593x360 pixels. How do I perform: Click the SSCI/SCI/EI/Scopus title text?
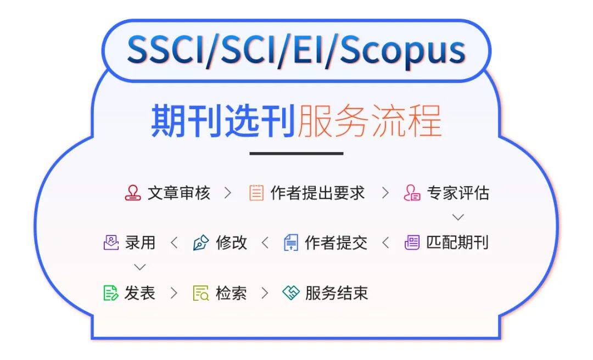[x=296, y=50]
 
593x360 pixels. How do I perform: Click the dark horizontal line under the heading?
[x=296, y=154]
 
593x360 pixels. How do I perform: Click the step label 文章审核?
[x=178, y=193]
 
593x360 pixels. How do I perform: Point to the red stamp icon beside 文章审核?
[x=133, y=193]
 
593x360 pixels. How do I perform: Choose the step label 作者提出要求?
[x=317, y=193]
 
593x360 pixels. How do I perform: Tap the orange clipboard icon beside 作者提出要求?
[x=256, y=193]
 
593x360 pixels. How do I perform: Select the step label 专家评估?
[x=458, y=193]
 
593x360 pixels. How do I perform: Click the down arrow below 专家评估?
[x=458, y=217]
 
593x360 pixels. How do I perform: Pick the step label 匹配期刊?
[x=457, y=243]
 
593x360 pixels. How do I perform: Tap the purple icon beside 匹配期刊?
[x=412, y=243]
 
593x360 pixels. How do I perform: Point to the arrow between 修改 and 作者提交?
[x=265, y=243]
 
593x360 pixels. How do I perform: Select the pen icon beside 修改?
[x=201, y=243]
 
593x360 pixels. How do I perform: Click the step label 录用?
[x=140, y=243]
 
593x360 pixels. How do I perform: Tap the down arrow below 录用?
[x=140, y=267]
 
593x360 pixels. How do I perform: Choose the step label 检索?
[x=231, y=293]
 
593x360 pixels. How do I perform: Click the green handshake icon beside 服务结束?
[x=290, y=293]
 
